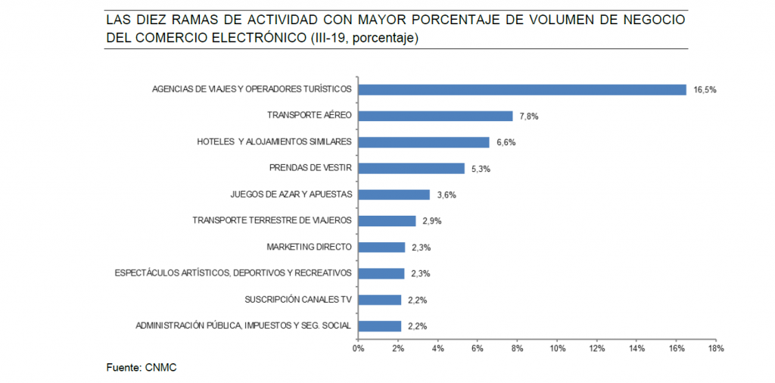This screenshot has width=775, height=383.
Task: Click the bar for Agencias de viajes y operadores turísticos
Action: tap(522, 89)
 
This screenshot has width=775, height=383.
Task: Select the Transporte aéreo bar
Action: tap(435, 116)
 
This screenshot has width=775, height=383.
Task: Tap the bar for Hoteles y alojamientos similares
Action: tap(424, 142)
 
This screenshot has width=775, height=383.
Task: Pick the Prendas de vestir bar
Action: tap(411, 169)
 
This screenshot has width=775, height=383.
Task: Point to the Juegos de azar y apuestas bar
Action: tap(394, 195)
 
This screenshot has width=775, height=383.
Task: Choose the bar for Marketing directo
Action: tap(381, 248)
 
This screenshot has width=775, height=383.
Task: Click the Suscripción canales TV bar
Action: tap(380, 300)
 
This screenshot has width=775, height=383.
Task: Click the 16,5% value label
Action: tap(704, 89)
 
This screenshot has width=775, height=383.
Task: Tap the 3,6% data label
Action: tap(447, 195)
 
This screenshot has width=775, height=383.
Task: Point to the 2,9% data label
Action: tap(431, 221)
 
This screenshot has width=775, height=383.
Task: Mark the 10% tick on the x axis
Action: tap(557, 348)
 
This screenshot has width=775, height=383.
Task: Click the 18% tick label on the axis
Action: tap(716, 348)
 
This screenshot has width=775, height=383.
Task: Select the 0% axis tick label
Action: tap(359, 348)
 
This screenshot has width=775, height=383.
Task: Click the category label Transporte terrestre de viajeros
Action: tap(272, 221)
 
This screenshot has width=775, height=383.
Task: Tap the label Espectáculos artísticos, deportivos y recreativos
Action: tap(233, 273)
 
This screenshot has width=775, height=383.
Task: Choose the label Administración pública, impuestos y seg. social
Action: tap(244, 326)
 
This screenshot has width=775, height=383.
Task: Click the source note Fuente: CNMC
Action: tap(141, 367)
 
